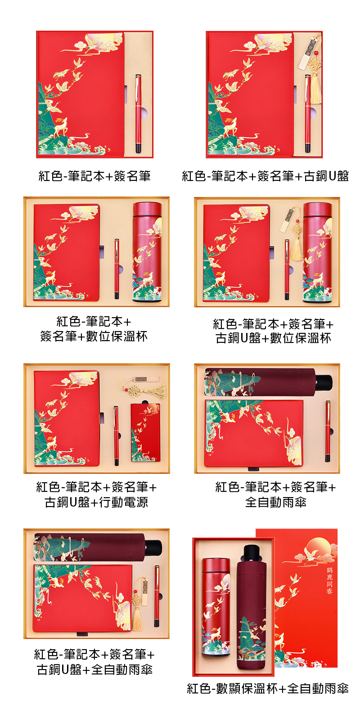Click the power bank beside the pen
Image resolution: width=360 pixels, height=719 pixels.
click(145, 432)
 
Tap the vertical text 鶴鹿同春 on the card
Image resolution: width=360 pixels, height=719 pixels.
click(330, 580)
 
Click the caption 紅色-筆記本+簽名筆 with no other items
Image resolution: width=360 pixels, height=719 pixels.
click(94, 176)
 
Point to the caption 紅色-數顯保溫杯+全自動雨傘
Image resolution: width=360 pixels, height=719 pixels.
click(268, 688)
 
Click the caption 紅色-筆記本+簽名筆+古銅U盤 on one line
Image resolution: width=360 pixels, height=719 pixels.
click(265, 176)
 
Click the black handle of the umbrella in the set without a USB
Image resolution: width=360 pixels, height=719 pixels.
click(324, 382)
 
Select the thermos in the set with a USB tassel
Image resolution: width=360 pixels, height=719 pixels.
click(318, 252)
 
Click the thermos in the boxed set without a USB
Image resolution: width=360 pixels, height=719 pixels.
click(147, 252)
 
